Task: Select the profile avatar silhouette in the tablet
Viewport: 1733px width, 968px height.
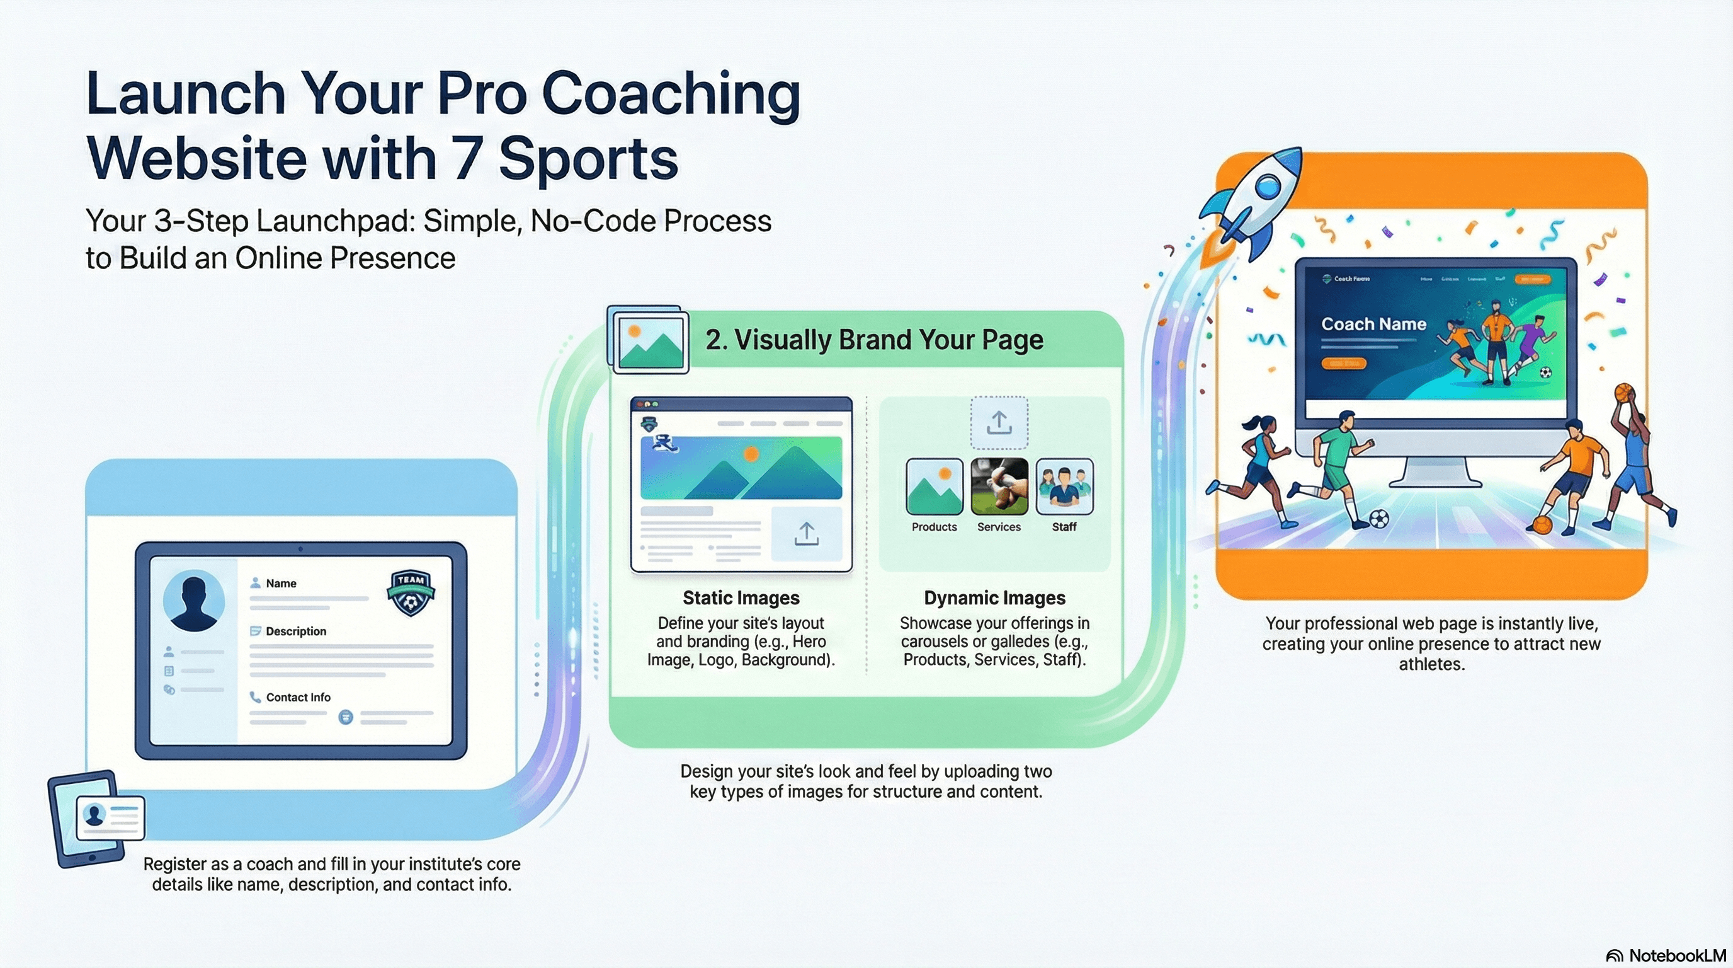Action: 194,601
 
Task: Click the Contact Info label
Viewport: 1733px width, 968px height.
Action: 298,698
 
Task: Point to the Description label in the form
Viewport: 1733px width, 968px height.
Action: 295,631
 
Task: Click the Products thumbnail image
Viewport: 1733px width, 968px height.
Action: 934,486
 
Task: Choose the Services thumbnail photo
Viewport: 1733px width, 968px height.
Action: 999,486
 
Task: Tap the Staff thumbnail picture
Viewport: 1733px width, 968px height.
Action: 1064,486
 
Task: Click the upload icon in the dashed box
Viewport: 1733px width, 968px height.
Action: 999,423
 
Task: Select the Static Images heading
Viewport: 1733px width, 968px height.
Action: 741,598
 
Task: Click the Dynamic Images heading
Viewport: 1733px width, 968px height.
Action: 994,598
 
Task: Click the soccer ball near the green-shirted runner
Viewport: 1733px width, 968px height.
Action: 1379,519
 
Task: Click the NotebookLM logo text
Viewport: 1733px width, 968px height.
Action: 1677,956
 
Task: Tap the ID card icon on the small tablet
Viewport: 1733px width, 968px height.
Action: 110,817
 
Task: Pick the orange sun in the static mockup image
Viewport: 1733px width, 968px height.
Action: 751,454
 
